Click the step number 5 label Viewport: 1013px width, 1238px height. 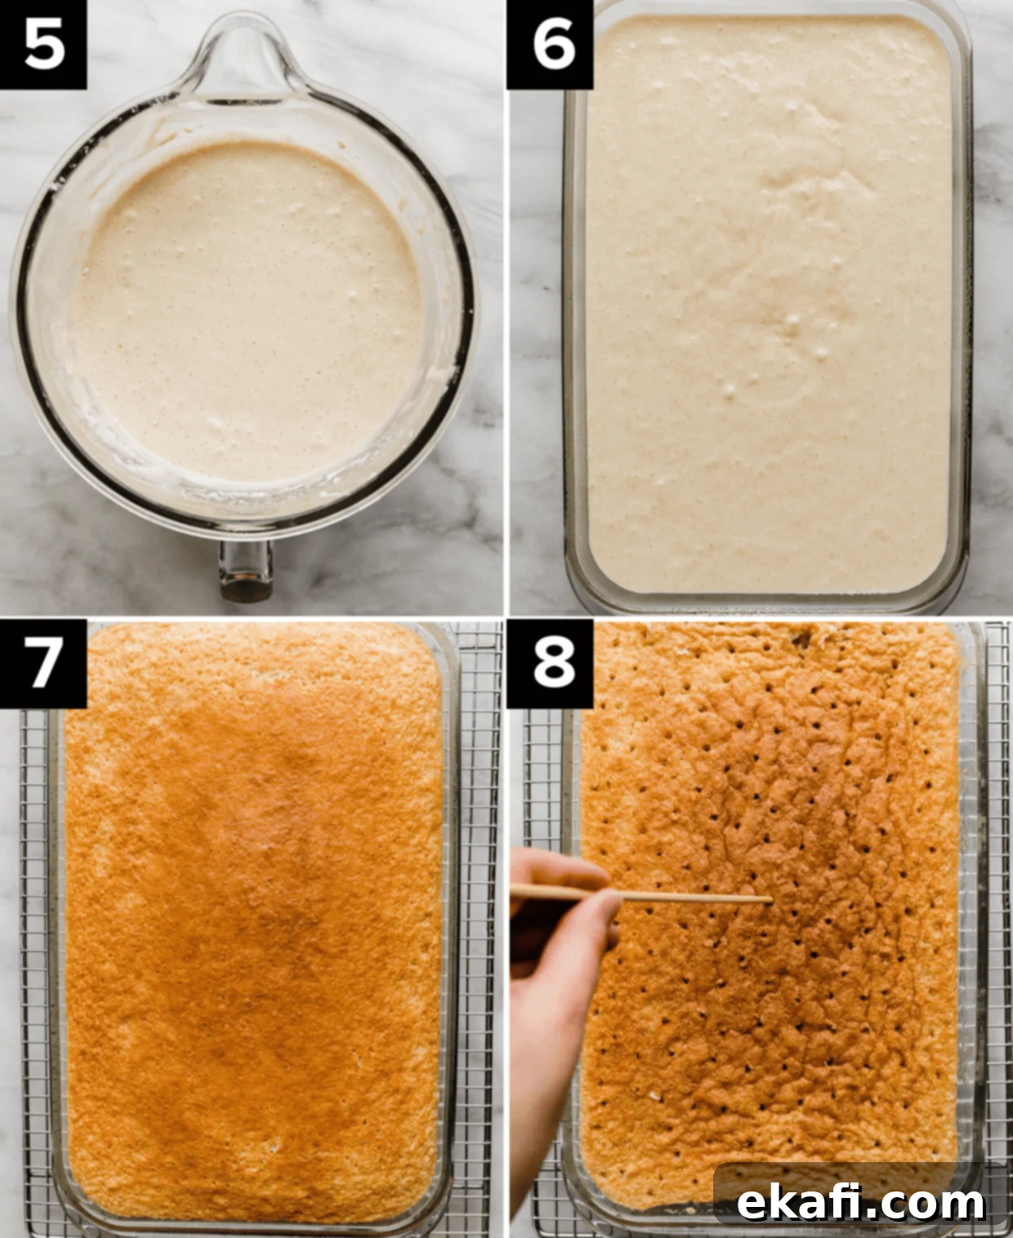coord(43,45)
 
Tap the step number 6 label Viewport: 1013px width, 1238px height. coord(550,45)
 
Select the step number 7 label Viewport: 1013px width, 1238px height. coord(43,663)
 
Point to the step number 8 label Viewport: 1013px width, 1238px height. coord(550,663)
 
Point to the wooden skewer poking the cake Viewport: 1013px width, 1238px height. coord(641,895)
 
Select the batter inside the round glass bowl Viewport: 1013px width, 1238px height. coord(248,311)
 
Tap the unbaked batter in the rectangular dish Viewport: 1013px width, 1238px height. coord(768,305)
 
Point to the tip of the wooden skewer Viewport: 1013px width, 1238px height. coord(771,900)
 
